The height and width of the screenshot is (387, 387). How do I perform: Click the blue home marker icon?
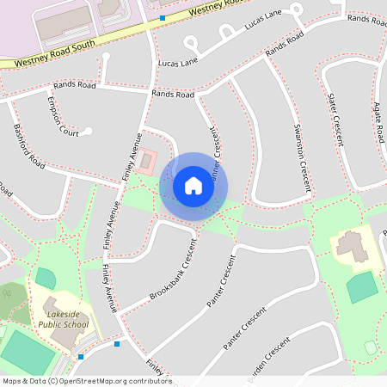[x=193, y=186]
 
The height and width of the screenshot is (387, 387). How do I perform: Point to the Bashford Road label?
[x=28, y=146]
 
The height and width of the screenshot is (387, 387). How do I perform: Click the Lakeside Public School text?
[x=62, y=320]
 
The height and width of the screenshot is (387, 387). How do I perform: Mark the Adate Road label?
[x=378, y=121]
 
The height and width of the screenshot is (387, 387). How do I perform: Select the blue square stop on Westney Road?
[x=162, y=17]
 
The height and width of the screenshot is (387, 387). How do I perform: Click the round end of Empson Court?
[x=88, y=132]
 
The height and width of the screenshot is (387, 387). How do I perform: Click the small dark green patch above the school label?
[x=45, y=278]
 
